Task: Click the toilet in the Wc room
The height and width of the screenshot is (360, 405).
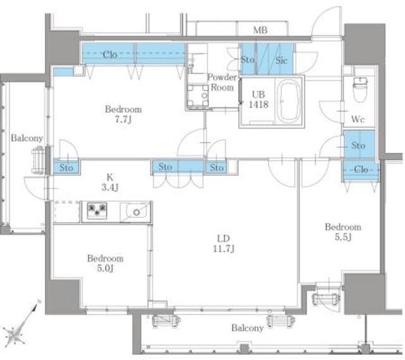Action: (361, 89)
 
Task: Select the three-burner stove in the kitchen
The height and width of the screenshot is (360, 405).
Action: (97, 211)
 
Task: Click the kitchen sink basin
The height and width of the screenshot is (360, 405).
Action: (135, 212)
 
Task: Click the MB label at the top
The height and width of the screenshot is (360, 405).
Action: (260, 30)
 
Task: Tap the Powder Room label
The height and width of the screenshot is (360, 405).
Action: (222, 82)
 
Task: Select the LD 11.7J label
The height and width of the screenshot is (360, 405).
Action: (223, 244)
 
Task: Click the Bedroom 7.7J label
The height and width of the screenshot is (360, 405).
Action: (123, 114)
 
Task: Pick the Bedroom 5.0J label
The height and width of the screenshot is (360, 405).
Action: (105, 263)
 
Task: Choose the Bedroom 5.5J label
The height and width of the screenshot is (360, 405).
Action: (343, 232)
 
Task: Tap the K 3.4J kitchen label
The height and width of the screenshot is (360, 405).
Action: (109, 182)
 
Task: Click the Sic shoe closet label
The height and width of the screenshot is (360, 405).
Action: (281, 61)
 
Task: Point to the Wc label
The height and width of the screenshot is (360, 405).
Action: (358, 119)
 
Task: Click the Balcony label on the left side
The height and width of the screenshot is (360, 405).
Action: (27, 138)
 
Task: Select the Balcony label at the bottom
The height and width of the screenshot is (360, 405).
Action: (247, 328)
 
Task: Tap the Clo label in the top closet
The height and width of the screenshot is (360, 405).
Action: (110, 54)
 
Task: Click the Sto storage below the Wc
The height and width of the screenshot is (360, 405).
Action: (359, 146)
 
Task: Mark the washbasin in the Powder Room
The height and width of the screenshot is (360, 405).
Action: (198, 96)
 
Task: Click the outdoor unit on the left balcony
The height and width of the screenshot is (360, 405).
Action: (38, 160)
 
